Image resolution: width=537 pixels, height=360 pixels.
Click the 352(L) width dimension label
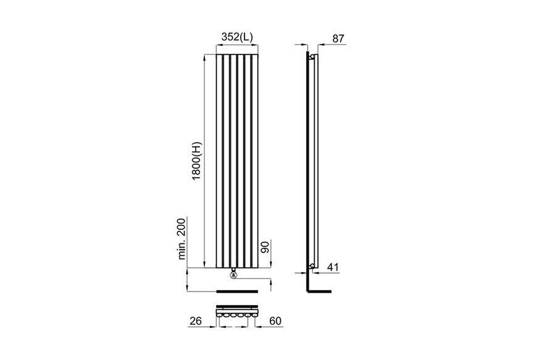[x=237, y=37]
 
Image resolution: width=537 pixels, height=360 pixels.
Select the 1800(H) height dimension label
[x=198, y=161]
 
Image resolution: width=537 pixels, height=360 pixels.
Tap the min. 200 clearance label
[x=181, y=238]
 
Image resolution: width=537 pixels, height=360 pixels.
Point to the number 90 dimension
[x=265, y=246]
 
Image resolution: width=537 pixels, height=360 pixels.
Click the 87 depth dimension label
[x=338, y=38]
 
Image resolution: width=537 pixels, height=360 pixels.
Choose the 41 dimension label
[x=333, y=267]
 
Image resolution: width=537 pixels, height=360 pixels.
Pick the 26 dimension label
[x=196, y=321]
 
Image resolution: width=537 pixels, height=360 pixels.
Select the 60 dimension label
[x=275, y=321]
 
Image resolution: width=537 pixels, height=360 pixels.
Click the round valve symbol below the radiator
[x=233, y=274]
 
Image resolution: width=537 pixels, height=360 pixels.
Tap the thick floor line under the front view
[x=237, y=291]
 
